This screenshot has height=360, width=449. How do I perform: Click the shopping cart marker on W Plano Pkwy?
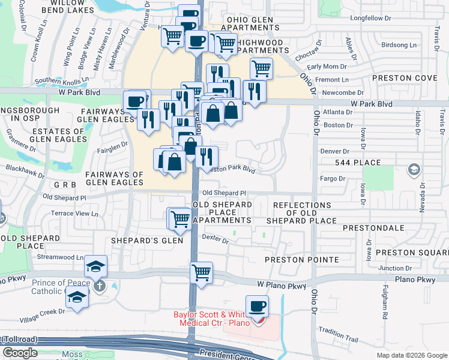[202, 272]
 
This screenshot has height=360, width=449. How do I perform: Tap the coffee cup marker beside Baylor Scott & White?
[258, 306]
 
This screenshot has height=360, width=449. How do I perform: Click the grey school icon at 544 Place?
[413, 170]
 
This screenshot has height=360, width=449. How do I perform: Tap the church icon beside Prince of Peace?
[99, 286]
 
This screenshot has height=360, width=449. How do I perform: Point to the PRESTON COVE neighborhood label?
[404, 78]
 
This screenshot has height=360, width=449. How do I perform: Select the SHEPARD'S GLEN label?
[139, 241]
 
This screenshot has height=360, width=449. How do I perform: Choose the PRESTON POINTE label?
[302, 260]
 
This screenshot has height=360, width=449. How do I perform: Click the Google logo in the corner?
[20, 353]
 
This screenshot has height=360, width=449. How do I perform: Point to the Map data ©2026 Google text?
[412, 355]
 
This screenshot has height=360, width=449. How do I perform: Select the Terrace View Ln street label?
[74, 214]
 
